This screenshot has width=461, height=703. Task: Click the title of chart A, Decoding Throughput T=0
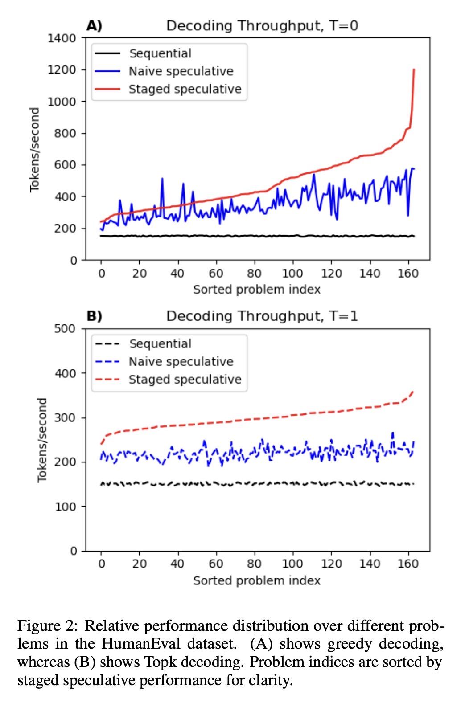pyautogui.click(x=262, y=25)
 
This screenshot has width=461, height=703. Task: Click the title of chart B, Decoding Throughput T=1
pyautogui.click(x=262, y=316)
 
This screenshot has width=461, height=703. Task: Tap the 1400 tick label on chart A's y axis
pyautogui.click(x=62, y=38)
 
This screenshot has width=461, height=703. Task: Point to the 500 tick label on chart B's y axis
pyautogui.click(x=66, y=329)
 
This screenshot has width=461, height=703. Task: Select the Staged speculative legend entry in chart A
pyautogui.click(x=185, y=89)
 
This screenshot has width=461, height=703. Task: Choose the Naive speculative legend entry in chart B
pyautogui.click(x=181, y=361)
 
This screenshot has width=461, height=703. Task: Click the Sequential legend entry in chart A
pyautogui.click(x=160, y=53)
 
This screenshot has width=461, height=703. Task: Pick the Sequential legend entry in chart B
pyautogui.click(x=160, y=343)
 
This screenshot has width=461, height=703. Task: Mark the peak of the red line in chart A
pyautogui.click(x=414, y=69)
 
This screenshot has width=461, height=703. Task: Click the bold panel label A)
pyautogui.click(x=94, y=25)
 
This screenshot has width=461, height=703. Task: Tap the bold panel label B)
pyautogui.click(x=94, y=316)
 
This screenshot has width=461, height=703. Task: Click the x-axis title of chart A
pyautogui.click(x=257, y=290)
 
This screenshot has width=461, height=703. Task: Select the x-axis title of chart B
pyautogui.click(x=257, y=580)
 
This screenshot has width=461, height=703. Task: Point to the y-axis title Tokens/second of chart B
pyautogui.click(x=42, y=440)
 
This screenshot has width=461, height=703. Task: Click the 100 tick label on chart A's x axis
pyautogui.click(x=292, y=273)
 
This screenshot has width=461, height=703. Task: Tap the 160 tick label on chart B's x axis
pyautogui.click(x=407, y=564)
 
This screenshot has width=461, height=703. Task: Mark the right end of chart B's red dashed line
pyautogui.click(x=413, y=392)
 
